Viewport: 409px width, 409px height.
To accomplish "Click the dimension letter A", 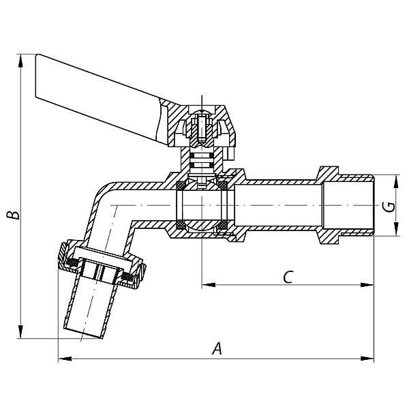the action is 217,348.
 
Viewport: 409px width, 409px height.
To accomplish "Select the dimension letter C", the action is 288,277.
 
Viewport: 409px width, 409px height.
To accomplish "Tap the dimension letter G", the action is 389,207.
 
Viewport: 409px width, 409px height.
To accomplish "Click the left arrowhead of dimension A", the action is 65,359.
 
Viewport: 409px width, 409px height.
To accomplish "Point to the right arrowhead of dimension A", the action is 367,359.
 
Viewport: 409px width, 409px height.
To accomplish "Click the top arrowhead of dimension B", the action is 20,61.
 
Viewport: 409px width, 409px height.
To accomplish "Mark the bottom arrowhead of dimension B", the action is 20,331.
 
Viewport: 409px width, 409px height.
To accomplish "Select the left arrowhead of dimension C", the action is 209,284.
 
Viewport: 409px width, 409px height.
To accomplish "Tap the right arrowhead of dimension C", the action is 367,284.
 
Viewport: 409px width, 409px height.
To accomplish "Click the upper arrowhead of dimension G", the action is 396,182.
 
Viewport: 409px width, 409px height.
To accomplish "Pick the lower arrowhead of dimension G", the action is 396,229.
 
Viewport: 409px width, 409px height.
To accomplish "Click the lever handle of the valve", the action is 99,99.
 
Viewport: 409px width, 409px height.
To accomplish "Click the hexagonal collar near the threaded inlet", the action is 329,205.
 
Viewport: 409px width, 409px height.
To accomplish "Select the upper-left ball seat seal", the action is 180,185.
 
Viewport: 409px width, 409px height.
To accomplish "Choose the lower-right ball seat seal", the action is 223,225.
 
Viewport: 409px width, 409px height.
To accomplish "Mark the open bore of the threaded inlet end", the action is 348,205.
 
